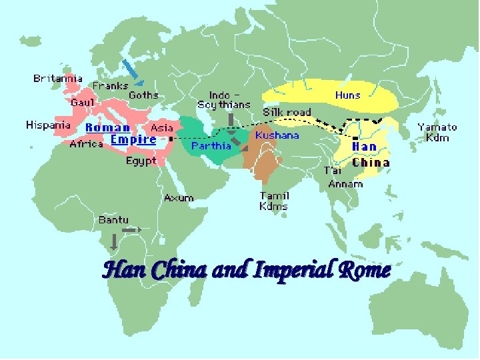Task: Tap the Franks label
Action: click(111, 86)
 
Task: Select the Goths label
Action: click(143, 95)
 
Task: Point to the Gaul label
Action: click(83, 102)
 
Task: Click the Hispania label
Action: click(48, 125)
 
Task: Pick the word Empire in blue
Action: click(133, 139)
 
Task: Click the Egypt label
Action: click(141, 161)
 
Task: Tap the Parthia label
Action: click(211, 145)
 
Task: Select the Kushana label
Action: click(277, 135)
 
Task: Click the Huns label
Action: click(347, 95)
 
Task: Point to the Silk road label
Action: click(287, 112)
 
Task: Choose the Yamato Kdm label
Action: click(437, 132)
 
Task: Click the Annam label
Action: click(345, 184)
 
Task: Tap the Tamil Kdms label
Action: click(274, 201)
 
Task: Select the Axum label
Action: click(179, 198)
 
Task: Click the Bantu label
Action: click(113, 219)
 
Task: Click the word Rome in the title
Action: click(363, 270)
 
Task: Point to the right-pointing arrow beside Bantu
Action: click(132, 230)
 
